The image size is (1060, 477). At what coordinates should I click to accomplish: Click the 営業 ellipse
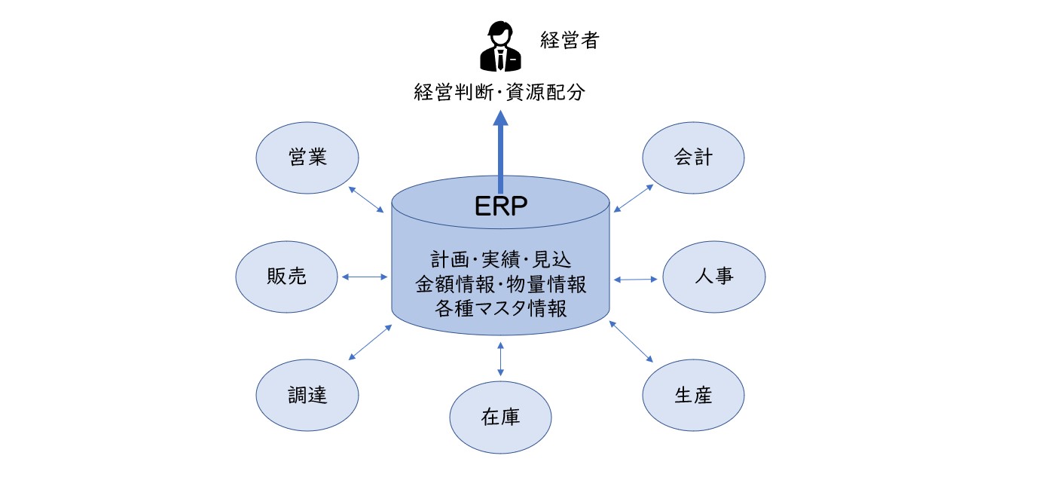click(307, 157)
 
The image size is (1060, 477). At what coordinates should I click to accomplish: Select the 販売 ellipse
click(287, 277)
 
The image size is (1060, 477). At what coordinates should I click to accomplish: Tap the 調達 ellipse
click(307, 395)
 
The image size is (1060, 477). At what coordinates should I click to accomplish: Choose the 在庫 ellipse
click(501, 417)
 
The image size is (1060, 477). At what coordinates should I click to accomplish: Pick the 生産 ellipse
click(693, 395)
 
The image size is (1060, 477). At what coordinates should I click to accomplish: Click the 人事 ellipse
click(714, 277)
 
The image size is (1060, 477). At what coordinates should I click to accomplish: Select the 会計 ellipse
click(693, 157)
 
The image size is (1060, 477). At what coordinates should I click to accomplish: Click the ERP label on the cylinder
click(501, 206)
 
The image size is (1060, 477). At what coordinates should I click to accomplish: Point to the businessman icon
click(501, 47)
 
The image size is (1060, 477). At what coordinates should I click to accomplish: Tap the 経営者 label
click(570, 40)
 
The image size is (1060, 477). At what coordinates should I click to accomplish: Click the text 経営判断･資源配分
click(499, 92)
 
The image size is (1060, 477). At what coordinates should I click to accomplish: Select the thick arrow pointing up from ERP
click(501, 151)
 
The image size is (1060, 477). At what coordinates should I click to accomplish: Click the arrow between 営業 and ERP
click(366, 200)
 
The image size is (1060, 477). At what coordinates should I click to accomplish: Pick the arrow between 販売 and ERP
click(365, 277)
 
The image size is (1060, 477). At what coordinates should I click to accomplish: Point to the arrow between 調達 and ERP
click(370, 342)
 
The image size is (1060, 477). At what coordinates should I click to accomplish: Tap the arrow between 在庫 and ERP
click(501, 359)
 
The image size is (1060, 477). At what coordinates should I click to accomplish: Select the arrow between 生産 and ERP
click(631, 341)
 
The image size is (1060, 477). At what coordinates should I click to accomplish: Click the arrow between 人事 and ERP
click(636, 280)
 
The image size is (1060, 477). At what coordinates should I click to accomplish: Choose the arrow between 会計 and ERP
click(634, 197)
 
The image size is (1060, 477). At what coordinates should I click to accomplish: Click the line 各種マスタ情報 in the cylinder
click(501, 308)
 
